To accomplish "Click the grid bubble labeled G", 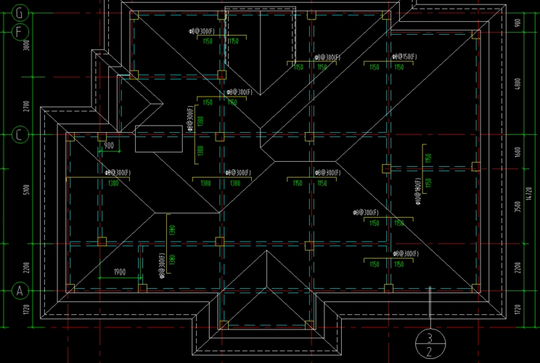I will (20, 13).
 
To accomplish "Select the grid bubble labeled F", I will (20, 31).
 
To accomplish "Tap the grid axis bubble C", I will (20, 135).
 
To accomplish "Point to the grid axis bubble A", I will (20, 290).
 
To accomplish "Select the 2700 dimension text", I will (26, 105).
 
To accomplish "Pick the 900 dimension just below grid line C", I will (109, 146).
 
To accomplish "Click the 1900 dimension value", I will (120, 272).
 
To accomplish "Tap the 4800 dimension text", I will (517, 83).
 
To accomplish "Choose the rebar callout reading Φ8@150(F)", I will (402, 57).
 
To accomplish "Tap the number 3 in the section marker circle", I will (430, 338).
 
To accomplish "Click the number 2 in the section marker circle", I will (430, 352).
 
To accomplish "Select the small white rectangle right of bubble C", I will (158, 139).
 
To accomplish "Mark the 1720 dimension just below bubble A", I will (26, 309).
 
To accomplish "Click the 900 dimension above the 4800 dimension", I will (517, 22).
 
